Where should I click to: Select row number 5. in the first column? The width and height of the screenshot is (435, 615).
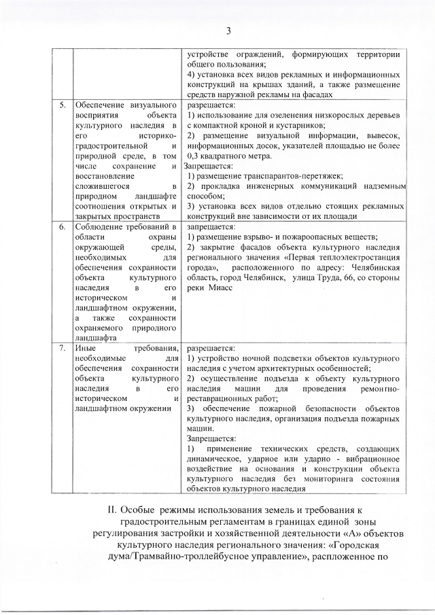[x=61, y=105]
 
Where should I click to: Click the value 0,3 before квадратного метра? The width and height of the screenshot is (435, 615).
[x=195, y=156]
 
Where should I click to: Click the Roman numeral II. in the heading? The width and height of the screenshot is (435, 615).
[x=109, y=509]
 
